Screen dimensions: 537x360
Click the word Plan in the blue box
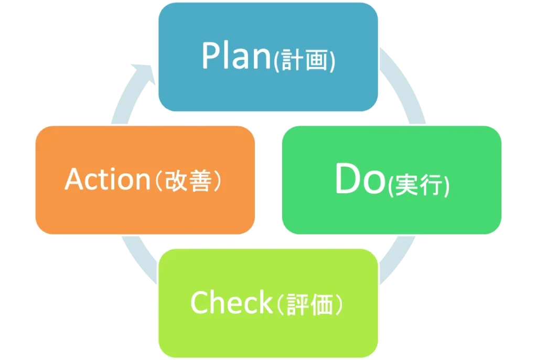(237, 56)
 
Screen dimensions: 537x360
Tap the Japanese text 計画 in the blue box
(304, 60)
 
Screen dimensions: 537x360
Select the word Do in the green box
(360, 179)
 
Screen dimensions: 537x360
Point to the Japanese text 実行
(418, 185)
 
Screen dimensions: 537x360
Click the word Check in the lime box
(231, 302)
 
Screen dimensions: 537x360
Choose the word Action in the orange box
(108, 179)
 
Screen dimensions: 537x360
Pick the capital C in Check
(200, 302)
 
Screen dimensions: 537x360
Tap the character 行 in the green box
(432, 185)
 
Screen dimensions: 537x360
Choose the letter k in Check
(264, 301)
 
